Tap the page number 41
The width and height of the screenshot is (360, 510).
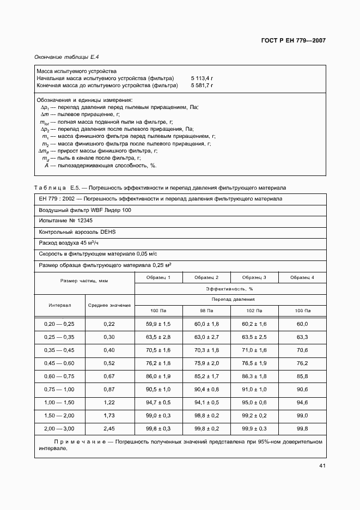[x=322, y=465]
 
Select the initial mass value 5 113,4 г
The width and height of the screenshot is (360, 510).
[x=202, y=78]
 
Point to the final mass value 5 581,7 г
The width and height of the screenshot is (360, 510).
[x=202, y=86]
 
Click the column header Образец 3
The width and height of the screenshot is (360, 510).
[x=254, y=278]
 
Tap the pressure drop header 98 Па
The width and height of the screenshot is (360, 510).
[x=206, y=310]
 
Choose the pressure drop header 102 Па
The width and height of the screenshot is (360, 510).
[x=254, y=310]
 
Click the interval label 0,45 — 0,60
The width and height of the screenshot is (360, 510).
[x=59, y=363]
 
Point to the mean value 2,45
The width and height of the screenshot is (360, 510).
[x=109, y=429]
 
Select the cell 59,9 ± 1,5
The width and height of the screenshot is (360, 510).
[x=158, y=324]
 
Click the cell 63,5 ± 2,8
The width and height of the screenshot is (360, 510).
[x=158, y=337]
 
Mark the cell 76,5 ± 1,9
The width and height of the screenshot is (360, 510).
[x=254, y=363]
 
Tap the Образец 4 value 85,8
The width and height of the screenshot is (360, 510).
[x=302, y=377]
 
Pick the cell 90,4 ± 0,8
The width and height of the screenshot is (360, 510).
[x=206, y=390]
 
